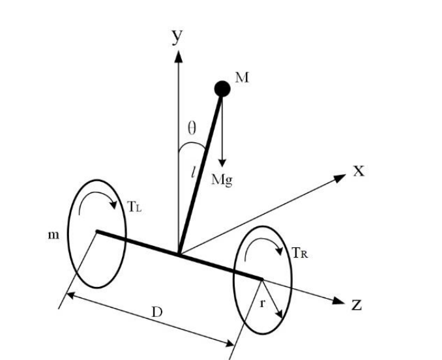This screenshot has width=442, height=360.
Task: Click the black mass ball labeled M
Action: point(222,88)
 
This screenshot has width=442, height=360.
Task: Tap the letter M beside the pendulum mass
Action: point(242,78)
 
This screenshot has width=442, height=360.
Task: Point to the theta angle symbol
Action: point(192,127)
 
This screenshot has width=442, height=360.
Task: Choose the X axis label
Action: point(358,171)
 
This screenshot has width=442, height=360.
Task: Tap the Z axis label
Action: point(356,305)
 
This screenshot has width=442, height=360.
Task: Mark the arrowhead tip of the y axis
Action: point(177,51)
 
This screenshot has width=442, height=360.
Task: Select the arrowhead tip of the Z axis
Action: point(343,301)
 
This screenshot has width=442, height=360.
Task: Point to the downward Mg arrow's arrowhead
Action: point(222,165)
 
